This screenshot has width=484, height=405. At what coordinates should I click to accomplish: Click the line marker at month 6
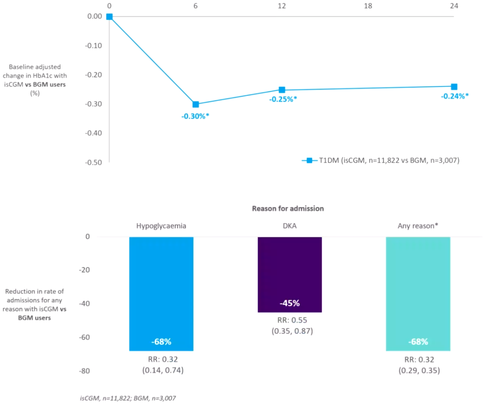[x=195, y=104]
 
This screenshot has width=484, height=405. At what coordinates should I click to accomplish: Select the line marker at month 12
[x=282, y=90]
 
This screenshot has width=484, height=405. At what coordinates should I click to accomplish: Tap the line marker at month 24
[x=454, y=86]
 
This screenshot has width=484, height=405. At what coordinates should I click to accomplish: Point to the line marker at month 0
[x=109, y=17]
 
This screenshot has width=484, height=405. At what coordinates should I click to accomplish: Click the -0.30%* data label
[x=195, y=116]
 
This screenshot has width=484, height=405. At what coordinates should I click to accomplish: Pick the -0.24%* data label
[x=455, y=96]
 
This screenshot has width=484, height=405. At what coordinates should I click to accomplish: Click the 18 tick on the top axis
[x=368, y=6]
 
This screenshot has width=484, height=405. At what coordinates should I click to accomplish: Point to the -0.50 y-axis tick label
[x=94, y=162]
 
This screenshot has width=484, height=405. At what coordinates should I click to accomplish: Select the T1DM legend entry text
[x=389, y=160]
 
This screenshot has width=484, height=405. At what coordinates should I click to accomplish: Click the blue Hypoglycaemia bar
[x=161, y=293]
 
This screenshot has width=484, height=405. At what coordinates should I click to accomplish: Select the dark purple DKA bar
[x=290, y=275]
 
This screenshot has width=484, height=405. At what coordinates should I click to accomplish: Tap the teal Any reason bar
[x=418, y=293]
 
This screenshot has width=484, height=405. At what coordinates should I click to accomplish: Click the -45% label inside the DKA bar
[x=290, y=303]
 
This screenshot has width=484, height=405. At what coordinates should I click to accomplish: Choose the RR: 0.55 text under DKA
[x=292, y=320]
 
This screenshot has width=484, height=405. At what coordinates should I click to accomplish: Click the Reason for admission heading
[x=288, y=209]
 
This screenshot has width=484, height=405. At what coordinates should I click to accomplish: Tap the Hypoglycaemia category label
[x=161, y=226]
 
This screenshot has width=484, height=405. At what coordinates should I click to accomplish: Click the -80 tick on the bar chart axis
[x=84, y=371]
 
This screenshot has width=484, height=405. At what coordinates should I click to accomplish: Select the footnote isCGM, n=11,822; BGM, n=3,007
[x=128, y=398]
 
